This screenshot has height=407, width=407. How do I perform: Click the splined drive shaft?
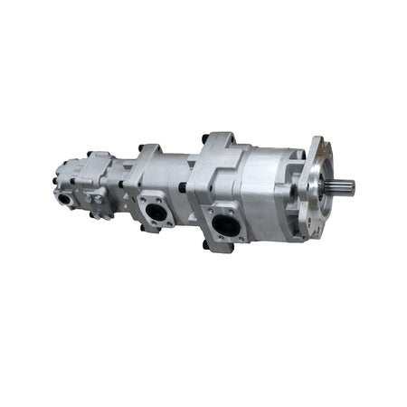344,188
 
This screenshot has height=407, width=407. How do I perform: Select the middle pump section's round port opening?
157,213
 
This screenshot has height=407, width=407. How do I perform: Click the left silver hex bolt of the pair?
89,198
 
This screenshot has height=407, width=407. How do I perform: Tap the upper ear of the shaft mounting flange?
317,145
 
